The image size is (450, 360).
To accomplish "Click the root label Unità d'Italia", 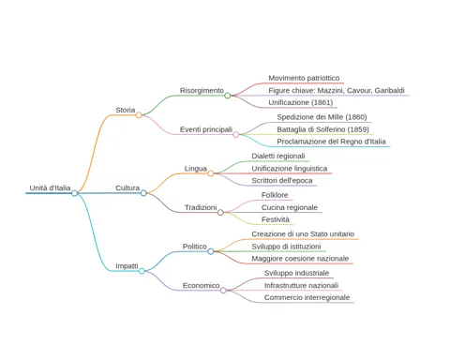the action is click(50, 188).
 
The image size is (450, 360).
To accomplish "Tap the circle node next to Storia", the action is click(139, 115).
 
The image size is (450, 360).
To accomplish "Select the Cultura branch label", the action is click(127, 188).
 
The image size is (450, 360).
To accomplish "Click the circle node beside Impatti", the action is click(142, 271).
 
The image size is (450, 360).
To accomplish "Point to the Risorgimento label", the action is click(202, 91).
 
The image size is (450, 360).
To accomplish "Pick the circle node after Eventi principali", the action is click(236, 134).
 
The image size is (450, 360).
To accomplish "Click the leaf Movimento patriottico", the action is click(304, 78).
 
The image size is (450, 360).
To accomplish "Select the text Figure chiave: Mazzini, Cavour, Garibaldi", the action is click(337, 91).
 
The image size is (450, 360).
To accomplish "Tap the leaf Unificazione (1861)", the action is click(301, 102).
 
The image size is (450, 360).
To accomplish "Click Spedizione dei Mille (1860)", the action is click(322, 117).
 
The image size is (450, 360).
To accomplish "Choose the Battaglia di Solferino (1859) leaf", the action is click(322, 129).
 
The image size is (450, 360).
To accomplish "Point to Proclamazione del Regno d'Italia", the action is click(331, 142).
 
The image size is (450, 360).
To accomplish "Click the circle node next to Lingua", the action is click(211, 173).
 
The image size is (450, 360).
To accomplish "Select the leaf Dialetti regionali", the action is click(278, 156).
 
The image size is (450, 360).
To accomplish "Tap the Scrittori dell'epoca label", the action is click(282, 181).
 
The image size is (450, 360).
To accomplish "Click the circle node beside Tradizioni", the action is click(220, 213).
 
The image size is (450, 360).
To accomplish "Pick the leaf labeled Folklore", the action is click(275, 195).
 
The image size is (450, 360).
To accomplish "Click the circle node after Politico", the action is click(211, 251).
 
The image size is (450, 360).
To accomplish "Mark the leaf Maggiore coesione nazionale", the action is click(300, 259).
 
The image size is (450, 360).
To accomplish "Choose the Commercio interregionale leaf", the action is click(307, 297).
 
